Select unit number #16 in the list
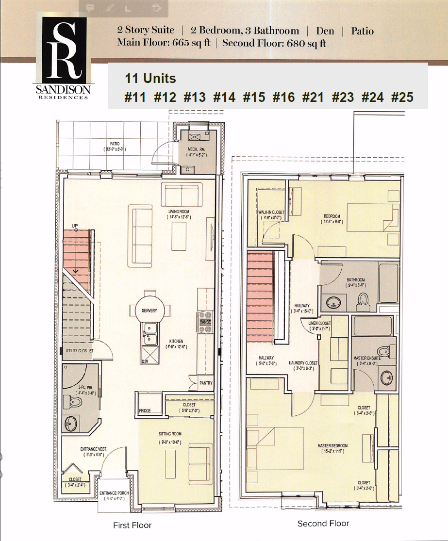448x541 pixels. [x=283, y=97]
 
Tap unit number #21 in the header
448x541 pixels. [x=313, y=97]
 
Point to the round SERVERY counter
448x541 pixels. [x=149, y=311]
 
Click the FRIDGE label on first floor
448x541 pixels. [x=145, y=410]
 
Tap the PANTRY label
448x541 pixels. [x=206, y=383]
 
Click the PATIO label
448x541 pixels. [x=115, y=144]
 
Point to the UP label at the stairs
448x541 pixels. [x=75, y=226]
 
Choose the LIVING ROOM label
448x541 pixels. [x=179, y=212]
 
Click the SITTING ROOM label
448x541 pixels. [x=170, y=434]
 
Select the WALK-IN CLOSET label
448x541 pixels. [x=271, y=213]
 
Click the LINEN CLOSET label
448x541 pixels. [x=320, y=323]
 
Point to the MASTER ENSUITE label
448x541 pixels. [x=367, y=358]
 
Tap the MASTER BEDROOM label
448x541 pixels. [x=332, y=445]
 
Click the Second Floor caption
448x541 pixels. [x=323, y=524]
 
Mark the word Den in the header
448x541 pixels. [x=325, y=31]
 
